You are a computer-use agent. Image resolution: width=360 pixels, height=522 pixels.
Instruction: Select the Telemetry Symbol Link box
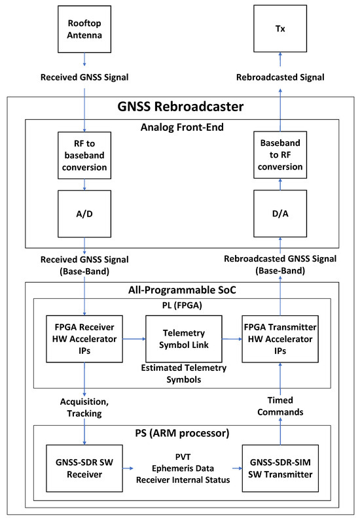pos(183,338)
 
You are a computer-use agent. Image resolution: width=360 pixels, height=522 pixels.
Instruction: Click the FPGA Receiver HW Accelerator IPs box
pos(84,339)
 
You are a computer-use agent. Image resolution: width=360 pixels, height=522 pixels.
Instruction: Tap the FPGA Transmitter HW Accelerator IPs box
pos(280,339)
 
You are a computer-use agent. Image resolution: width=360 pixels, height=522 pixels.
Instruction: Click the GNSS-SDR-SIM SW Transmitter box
pos(280,468)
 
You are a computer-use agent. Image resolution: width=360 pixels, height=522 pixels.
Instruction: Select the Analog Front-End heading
pos(183,128)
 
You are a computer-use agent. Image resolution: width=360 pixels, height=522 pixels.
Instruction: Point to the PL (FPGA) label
pos(183,305)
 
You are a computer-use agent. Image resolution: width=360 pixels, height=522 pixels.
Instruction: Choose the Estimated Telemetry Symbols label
pos(183,373)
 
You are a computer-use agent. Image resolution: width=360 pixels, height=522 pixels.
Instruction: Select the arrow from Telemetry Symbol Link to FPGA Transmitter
pos(232,338)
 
